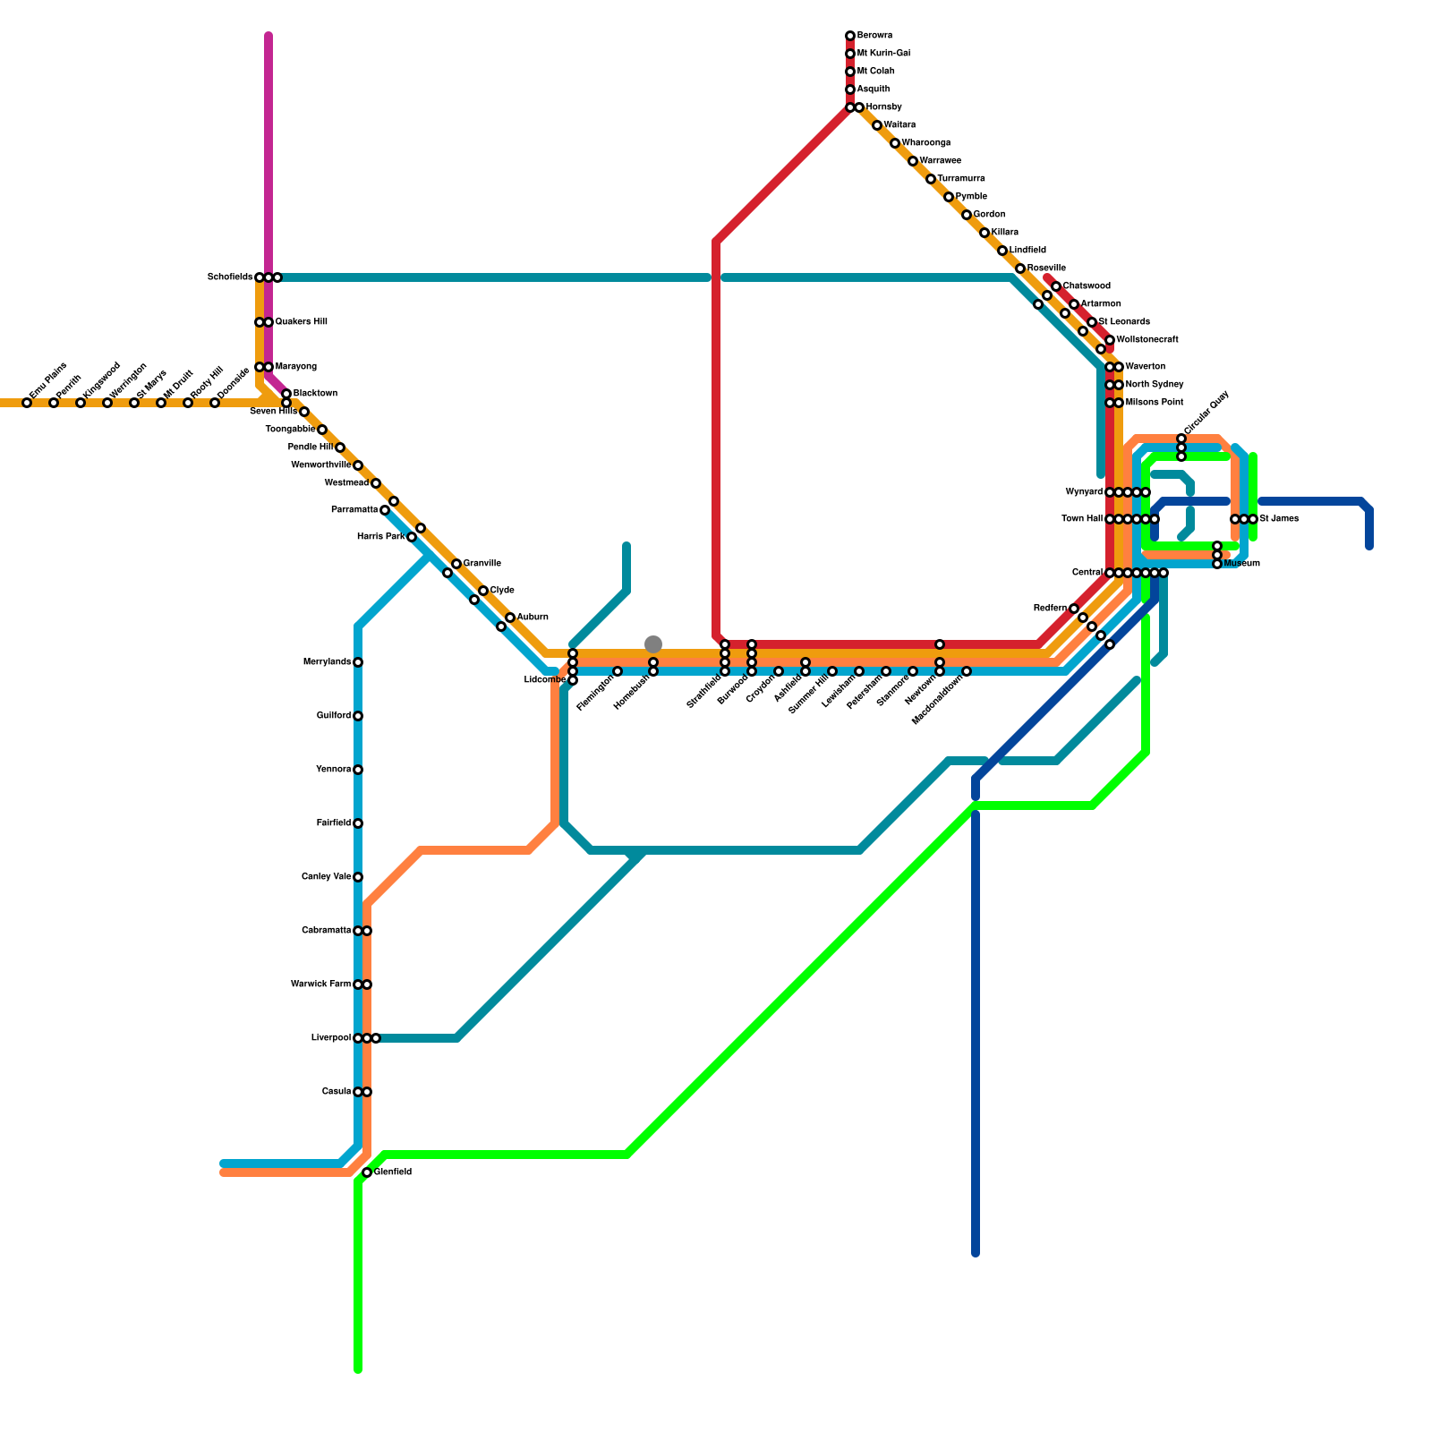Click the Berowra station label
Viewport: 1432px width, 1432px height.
pos(874,36)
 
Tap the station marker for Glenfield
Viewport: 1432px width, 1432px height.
pos(367,1172)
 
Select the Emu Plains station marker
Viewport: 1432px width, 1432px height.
pos(27,403)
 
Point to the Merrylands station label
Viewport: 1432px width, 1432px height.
pos(328,662)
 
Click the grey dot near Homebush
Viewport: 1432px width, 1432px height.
pos(653,644)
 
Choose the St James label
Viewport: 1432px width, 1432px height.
pos(1279,519)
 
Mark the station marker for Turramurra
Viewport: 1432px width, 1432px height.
pos(931,179)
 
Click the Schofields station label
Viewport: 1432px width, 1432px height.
pos(230,277)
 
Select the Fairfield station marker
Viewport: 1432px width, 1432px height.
pos(358,823)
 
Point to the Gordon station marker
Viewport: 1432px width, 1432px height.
pos(967,215)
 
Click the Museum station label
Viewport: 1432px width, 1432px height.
pos(1242,564)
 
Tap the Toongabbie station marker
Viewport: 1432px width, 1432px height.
pos(322,430)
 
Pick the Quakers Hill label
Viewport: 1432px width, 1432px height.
pos(302,322)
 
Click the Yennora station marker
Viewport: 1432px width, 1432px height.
pos(358,770)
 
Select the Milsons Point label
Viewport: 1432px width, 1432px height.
pos(1155,403)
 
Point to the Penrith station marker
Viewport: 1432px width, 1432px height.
pos(54,403)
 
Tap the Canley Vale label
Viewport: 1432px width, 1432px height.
pos(327,877)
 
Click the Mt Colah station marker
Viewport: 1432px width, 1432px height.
pos(850,72)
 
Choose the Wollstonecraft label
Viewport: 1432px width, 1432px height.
pos(1147,340)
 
